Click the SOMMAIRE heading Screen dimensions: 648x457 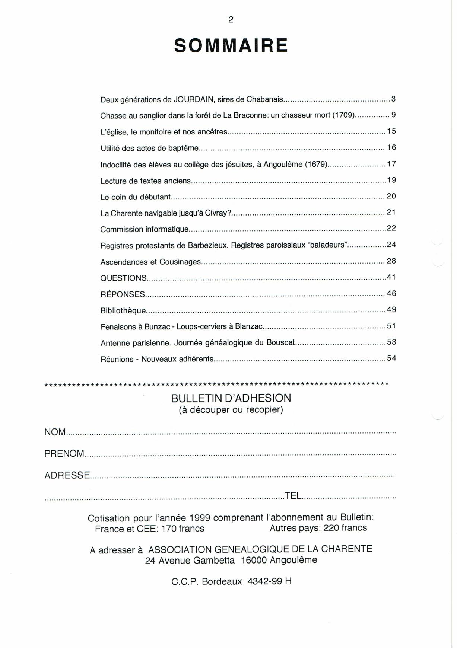[x=231, y=46]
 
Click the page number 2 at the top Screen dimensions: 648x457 [x=231, y=20]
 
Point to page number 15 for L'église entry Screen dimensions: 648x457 [x=391, y=131]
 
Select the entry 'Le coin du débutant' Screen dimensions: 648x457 [x=136, y=197]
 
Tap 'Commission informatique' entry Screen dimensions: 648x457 [x=145, y=229]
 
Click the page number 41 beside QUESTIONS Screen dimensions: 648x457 [x=391, y=277]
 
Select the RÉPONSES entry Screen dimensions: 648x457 [x=123, y=294]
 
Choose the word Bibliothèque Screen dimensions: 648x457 [x=123, y=310]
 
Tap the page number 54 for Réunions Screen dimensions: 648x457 [x=391, y=358]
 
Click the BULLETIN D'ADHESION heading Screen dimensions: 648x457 [x=231, y=398]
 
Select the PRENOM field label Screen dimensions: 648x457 [x=64, y=454]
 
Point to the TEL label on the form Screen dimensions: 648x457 [x=293, y=496]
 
